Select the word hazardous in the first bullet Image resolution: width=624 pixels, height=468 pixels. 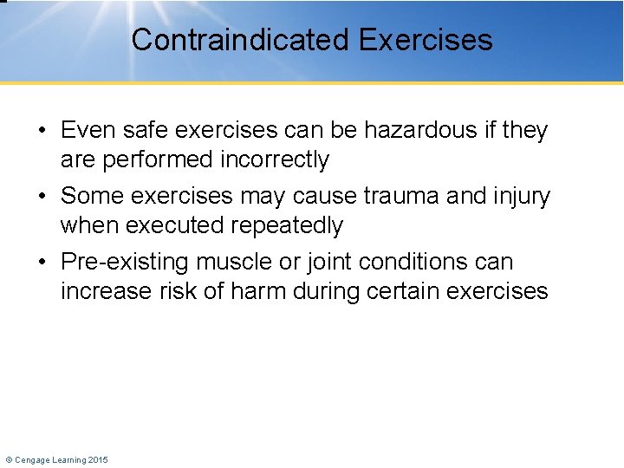(406, 130)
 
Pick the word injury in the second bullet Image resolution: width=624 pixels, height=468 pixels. (521, 196)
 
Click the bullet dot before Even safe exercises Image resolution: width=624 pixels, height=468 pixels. (42, 131)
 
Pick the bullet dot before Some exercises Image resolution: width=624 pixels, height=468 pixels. (42, 197)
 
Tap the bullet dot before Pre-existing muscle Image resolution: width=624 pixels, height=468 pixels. (42, 263)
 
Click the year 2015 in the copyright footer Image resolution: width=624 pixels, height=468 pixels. (98, 459)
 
